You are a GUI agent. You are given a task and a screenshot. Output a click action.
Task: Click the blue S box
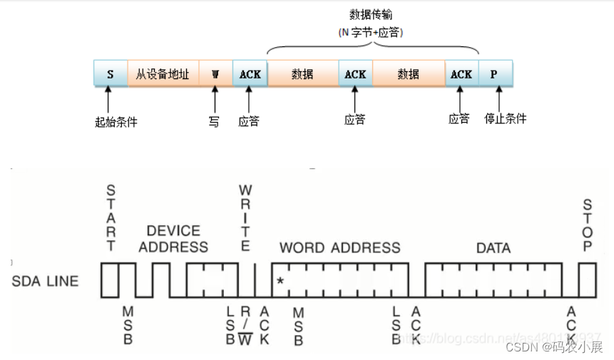pyautogui.click(x=111, y=73)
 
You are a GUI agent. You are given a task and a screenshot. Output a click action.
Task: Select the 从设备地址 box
pyautogui.click(x=163, y=73)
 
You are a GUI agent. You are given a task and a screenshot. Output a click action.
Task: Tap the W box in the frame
pyautogui.click(x=215, y=73)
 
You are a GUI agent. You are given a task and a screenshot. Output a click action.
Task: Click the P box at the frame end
pyautogui.click(x=494, y=73)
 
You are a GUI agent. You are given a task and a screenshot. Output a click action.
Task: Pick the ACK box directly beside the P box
pyautogui.click(x=461, y=73)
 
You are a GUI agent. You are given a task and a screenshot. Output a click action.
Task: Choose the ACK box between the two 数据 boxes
pyautogui.click(x=355, y=73)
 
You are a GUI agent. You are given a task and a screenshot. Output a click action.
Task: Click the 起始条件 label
pyautogui.click(x=116, y=121)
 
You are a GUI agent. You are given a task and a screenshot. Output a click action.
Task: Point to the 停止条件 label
pyautogui.click(x=505, y=118)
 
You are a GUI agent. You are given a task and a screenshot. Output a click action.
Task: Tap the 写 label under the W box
pyautogui.click(x=214, y=121)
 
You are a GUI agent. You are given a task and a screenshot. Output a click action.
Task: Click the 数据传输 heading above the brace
pyautogui.click(x=371, y=15)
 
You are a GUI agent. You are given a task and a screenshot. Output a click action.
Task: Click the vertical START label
pyautogui.click(x=111, y=218)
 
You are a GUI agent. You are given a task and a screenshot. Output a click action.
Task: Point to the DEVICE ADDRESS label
pyautogui.click(x=173, y=239)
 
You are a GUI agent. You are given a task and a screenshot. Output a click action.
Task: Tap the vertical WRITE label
pyautogui.click(x=245, y=218)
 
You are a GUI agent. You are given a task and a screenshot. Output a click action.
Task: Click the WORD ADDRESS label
pyautogui.click(x=339, y=248)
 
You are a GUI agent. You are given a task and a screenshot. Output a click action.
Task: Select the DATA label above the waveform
pyautogui.click(x=493, y=248)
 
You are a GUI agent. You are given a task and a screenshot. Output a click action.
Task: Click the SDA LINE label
pyautogui.click(x=46, y=280)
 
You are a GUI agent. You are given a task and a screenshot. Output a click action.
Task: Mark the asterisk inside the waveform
pyautogui.click(x=280, y=281)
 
